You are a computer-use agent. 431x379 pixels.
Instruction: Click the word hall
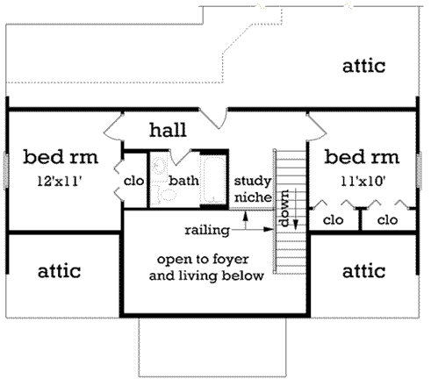coord(167,131)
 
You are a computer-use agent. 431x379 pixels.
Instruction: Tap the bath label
coord(184,181)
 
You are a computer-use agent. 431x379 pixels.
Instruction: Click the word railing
coord(207,231)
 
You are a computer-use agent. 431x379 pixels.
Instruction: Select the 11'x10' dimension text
coord(361,182)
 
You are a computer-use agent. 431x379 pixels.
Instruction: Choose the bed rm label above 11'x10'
coord(361,158)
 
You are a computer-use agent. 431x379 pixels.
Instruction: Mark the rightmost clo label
coord(386,220)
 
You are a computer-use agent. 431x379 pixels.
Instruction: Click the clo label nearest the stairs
coord(334,220)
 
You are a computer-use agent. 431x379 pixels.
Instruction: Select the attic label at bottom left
coord(59,271)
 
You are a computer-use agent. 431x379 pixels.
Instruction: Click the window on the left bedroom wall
coord(6,166)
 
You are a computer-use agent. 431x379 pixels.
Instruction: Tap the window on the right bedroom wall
coord(419,166)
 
